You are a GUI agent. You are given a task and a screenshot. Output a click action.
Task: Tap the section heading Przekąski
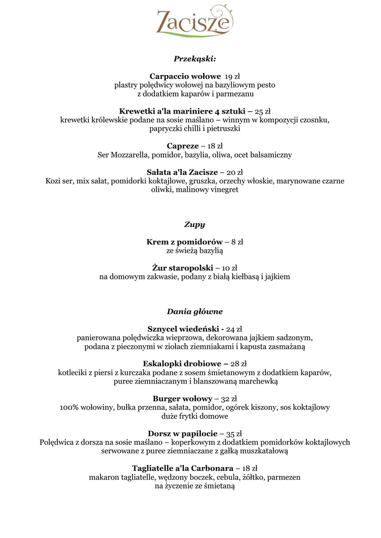[194, 59]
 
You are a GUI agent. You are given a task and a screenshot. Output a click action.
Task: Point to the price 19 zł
[232, 77]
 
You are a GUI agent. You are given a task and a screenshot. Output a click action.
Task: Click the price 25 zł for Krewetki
[262, 111]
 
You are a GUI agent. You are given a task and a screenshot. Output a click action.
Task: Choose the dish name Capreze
[183, 146]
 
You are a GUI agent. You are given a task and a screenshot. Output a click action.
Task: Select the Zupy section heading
[194, 224]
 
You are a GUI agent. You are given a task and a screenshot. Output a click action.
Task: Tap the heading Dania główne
[194, 312]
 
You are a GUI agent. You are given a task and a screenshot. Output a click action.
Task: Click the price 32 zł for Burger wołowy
[229, 399]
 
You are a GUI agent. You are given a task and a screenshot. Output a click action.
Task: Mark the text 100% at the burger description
[69, 407]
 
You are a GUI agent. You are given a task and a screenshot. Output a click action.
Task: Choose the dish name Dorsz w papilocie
[182, 433]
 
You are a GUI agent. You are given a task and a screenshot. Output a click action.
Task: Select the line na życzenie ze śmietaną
[194, 486]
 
